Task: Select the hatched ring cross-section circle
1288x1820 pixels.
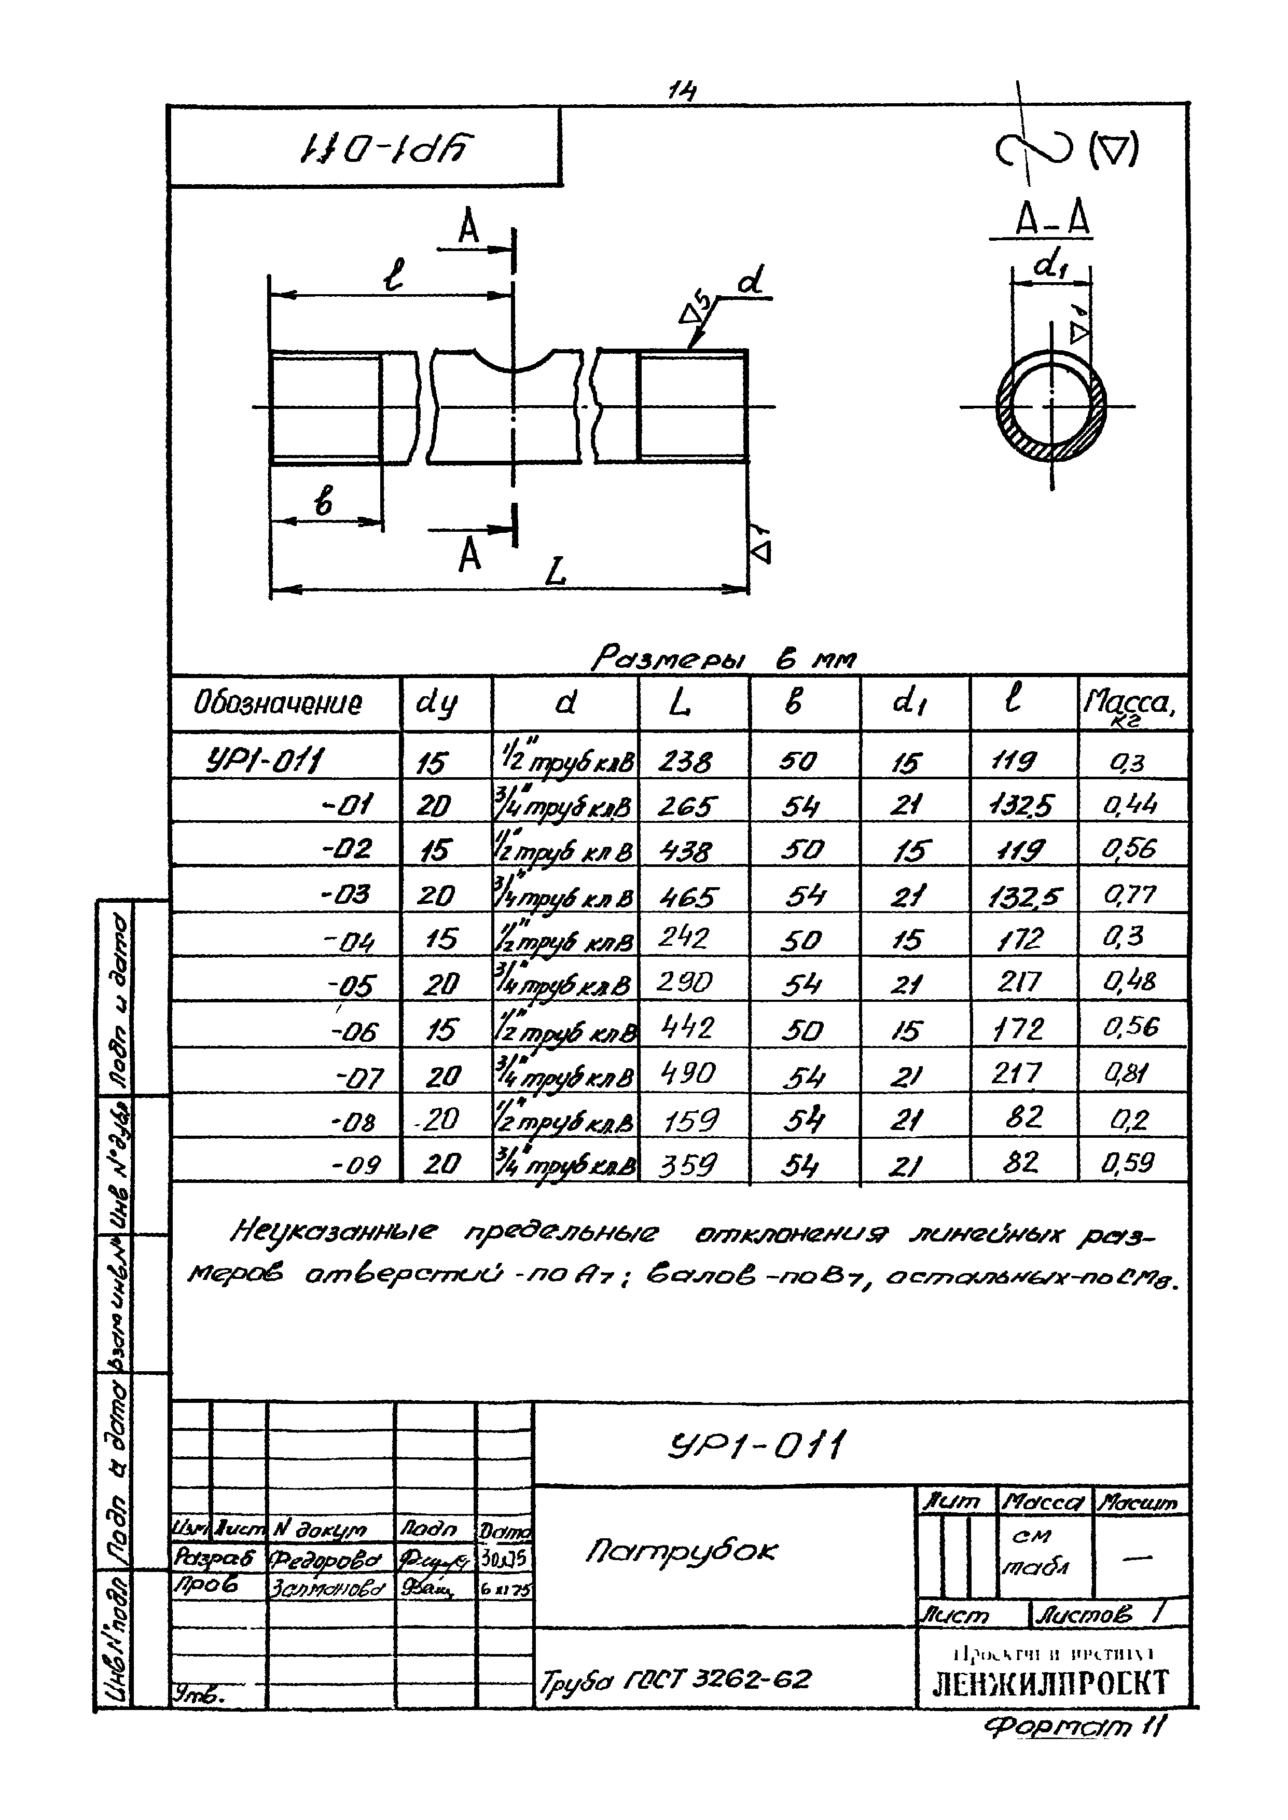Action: (1051, 407)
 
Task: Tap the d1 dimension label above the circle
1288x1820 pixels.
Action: (1051, 265)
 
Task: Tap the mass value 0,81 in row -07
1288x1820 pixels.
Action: (1126, 1074)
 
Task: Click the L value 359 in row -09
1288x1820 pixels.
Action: (688, 1164)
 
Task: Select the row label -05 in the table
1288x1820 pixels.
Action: (351, 986)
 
